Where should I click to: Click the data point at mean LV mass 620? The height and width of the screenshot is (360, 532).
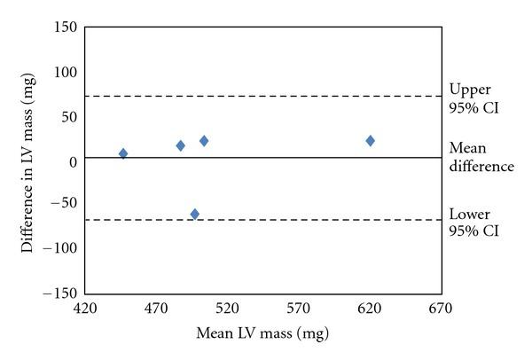pos(371,141)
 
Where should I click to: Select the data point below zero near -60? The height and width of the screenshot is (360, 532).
pos(195,214)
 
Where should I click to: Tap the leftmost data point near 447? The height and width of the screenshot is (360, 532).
pos(123,153)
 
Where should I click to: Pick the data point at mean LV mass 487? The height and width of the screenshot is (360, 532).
pos(181,145)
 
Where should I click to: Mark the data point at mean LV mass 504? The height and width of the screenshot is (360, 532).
pos(204,141)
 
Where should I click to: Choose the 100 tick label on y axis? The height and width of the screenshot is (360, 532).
pos(66,72)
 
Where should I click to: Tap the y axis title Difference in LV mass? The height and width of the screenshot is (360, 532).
pos(29,161)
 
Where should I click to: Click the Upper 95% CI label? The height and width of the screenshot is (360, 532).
pos(475,98)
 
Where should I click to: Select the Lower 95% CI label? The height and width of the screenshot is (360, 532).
pos(475,223)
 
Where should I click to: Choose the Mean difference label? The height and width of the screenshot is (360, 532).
pos(481,158)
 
